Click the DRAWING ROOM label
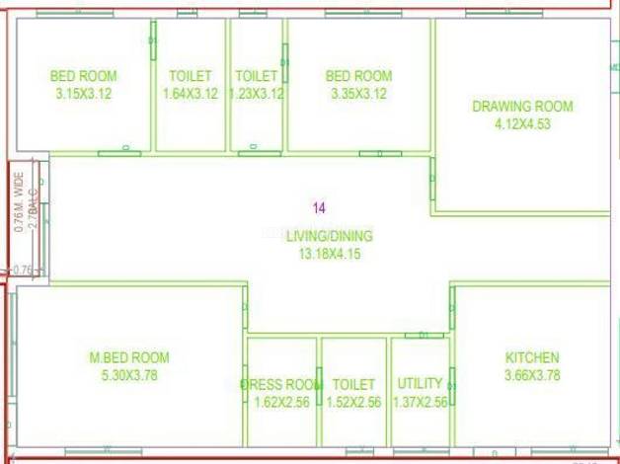pos(521,107)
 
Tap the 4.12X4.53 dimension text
pos(521,124)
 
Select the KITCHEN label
pos(532,357)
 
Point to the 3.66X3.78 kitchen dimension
pos(532,375)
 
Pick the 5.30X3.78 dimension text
pos(129,375)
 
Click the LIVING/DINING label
pos(330,236)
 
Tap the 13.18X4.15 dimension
pos(330,254)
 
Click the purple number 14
pos(319,208)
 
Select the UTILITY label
pos(420,384)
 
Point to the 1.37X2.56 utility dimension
pos(420,402)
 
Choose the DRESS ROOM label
pos(281,384)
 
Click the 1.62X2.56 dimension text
pos(281,402)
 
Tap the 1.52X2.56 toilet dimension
pos(353,402)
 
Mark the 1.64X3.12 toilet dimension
pos(190,94)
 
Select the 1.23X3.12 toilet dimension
pos(256,94)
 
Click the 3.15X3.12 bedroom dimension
pos(83,94)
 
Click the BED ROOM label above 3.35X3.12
pos(358,76)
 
